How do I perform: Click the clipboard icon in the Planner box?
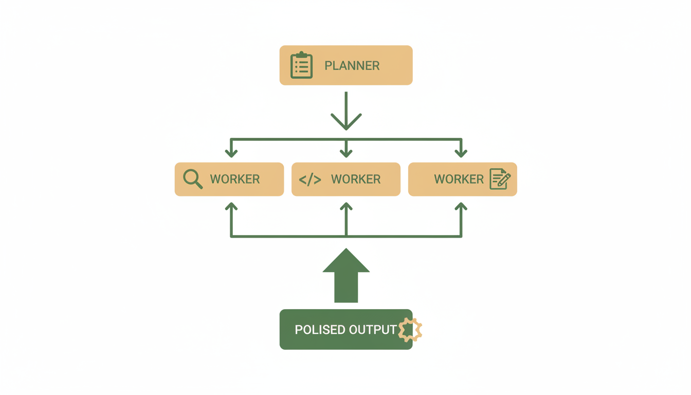tap(301, 65)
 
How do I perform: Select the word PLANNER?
tap(352, 66)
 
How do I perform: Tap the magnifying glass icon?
tap(193, 179)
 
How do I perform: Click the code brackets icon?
tap(310, 179)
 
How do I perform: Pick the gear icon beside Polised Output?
tap(410, 330)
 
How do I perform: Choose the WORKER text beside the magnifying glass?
tap(235, 179)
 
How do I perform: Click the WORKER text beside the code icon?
tap(356, 179)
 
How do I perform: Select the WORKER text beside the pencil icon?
tap(459, 179)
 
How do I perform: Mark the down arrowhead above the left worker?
tap(231, 153)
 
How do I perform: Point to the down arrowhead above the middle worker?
tap(346, 153)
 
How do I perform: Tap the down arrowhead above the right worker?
tap(461, 153)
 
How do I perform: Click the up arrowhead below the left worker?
tap(231, 207)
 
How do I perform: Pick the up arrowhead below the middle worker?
tap(346, 207)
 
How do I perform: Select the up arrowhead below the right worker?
tap(461, 207)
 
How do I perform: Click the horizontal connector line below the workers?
tap(288, 237)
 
